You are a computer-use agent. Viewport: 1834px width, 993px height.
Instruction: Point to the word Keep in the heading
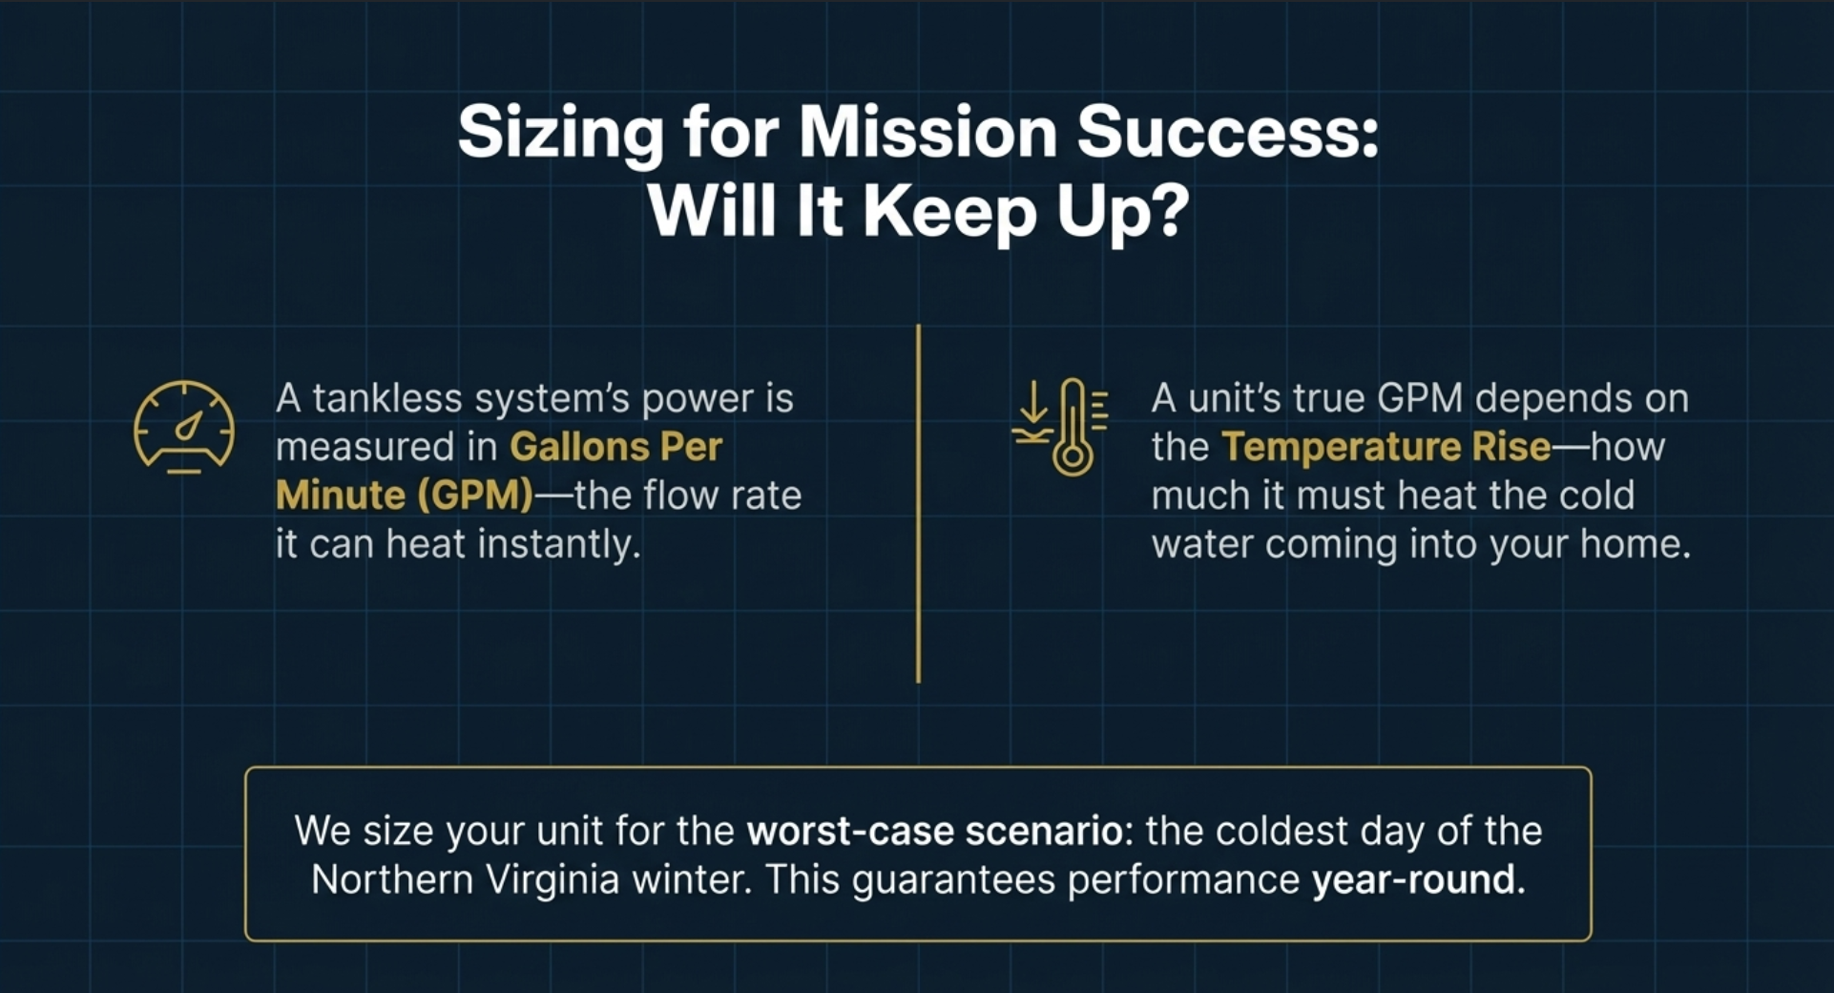point(949,213)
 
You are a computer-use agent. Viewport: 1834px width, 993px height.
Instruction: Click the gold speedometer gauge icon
point(184,427)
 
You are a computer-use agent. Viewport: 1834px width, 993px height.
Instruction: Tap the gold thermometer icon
point(1073,427)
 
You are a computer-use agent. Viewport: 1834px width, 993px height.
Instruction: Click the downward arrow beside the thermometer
point(1032,402)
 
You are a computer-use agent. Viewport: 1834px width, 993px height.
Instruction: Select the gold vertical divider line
point(918,503)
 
